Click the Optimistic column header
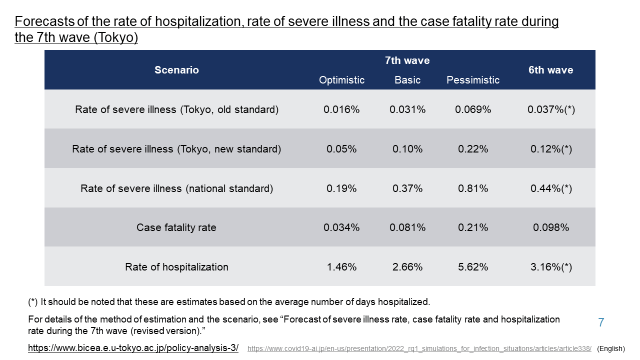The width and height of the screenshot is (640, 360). point(341,80)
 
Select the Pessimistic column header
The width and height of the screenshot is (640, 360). point(472,80)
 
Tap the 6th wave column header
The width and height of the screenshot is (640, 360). point(550,70)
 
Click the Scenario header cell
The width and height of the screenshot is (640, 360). point(176,70)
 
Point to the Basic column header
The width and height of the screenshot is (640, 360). point(407,80)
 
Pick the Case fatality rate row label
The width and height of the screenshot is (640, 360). point(176,227)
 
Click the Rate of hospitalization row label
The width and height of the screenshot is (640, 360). point(176,267)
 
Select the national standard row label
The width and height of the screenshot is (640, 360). point(176,188)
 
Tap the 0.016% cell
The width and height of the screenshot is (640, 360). point(341,109)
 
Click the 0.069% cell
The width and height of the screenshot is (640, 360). point(472,109)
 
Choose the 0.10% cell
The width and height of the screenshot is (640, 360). point(407,149)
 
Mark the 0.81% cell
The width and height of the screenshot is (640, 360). point(472,188)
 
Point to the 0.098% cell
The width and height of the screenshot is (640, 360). point(551,227)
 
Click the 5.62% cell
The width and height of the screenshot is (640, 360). point(472,267)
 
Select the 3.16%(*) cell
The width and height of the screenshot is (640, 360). point(551,267)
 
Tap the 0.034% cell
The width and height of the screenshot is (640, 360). point(341,227)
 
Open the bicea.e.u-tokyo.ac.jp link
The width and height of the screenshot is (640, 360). point(133,348)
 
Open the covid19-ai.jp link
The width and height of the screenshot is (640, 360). point(419,348)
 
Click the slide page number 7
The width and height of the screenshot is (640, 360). point(601,322)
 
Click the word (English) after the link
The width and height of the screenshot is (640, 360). point(611,348)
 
